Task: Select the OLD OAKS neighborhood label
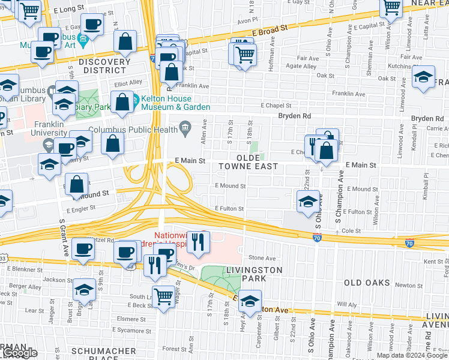coord(367,282)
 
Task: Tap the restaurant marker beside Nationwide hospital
coord(197,242)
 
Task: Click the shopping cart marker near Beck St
coord(163,296)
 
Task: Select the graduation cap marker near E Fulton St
coord(308,201)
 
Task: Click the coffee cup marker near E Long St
coord(91,25)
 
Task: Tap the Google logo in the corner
coord(20,353)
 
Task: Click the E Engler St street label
coord(82,211)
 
